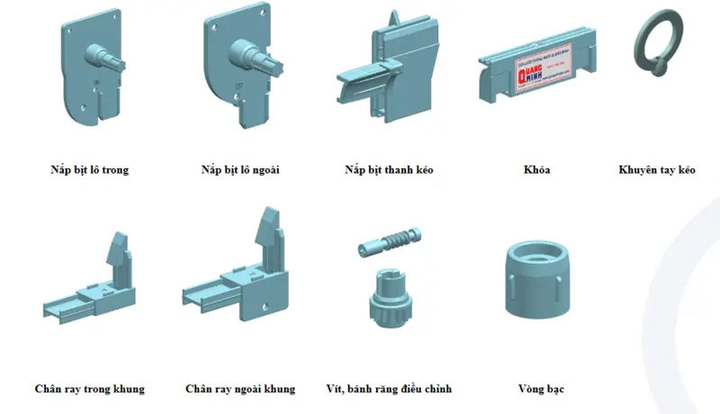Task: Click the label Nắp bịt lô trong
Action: (x=89, y=170)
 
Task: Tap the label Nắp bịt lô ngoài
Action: (x=240, y=170)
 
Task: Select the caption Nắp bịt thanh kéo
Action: (x=389, y=170)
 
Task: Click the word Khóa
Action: (x=536, y=170)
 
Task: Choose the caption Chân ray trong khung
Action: (x=89, y=389)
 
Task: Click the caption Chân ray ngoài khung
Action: (x=240, y=389)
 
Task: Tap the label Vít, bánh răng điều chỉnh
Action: (x=389, y=389)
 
